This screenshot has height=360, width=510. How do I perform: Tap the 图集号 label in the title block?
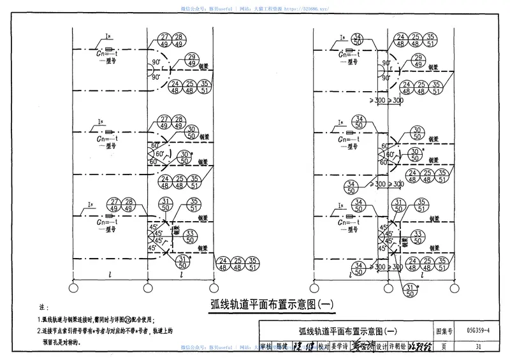pyautogui.click(x=443, y=331)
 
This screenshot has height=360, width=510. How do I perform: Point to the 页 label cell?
pyautogui.click(x=443, y=346)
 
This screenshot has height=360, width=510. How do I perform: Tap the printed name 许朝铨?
pyautogui.click(x=398, y=346)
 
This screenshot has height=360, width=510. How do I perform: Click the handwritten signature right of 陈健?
pyautogui.click(x=306, y=346)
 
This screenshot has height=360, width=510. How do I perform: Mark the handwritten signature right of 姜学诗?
pyautogui.click(x=362, y=346)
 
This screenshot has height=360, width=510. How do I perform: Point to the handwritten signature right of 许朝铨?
pyautogui.click(x=420, y=346)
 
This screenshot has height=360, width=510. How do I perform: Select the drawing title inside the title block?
pyautogui.click(x=347, y=331)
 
